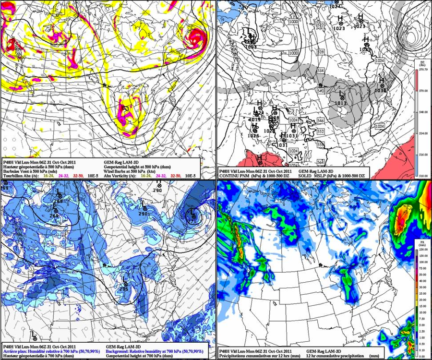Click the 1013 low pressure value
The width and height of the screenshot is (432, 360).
[340, 103]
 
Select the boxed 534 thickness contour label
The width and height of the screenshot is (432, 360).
[320, 71]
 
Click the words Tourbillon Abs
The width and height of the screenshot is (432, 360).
[16, 175]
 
